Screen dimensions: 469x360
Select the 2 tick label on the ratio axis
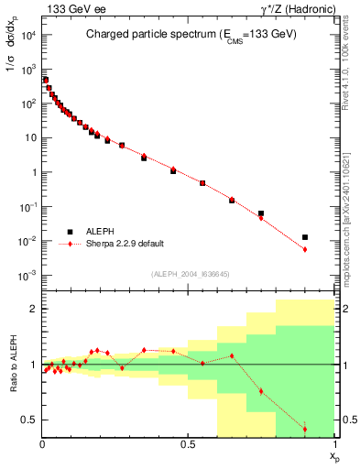[33, 309]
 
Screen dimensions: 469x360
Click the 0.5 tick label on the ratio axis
[29, 420]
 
